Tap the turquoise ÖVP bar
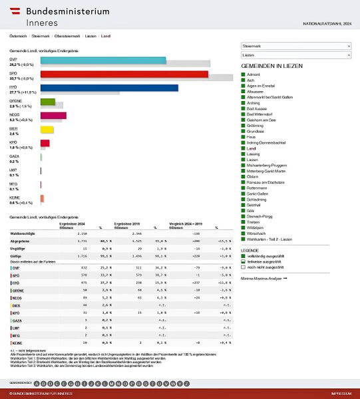tap(102, 61)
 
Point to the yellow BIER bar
tap(47, 129)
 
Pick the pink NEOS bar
tap(53, 116)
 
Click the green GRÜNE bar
tap(47, 102)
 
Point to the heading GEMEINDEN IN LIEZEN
tap(275, 67)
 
